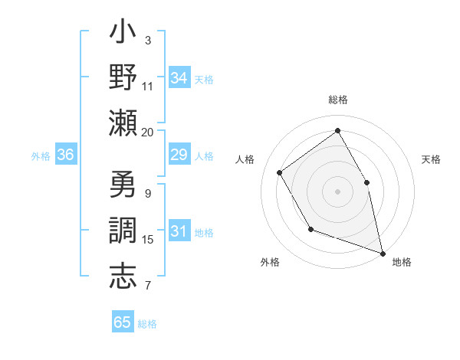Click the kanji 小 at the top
[123, 34]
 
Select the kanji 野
[123, 78]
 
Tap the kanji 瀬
[123, 123]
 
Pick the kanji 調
[123, 231]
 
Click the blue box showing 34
[179, 78]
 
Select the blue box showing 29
[179, 155]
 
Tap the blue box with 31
[179, 231]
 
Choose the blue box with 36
[66, 155]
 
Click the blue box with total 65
[123, 322]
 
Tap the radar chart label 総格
[338, 100]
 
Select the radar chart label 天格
[431, 159]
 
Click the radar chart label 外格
[270, 262]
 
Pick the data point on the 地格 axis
[382, 252]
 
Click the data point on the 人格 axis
[280, 172]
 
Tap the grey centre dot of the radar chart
[337, 190]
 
